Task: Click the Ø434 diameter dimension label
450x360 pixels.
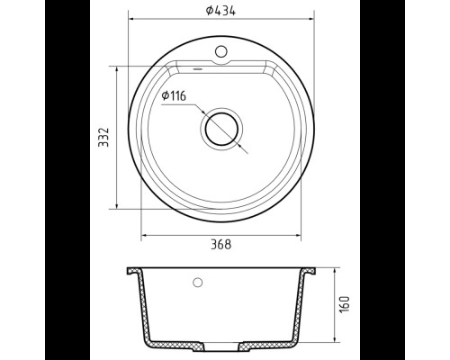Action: point(220,11)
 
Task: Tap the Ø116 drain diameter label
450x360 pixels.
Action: point(174,95)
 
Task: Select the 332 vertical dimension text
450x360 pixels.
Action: point(103,137)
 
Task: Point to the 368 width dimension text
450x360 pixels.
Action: point(221,245)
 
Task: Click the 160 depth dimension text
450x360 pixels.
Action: point(345,304)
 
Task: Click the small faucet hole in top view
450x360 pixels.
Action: point(221,51)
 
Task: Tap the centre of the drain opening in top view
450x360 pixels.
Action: point(221,130)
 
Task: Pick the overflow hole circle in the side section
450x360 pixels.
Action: point(197,283)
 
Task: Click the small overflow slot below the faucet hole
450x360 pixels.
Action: point(198,69)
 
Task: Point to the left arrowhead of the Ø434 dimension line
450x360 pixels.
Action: point(131,19)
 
